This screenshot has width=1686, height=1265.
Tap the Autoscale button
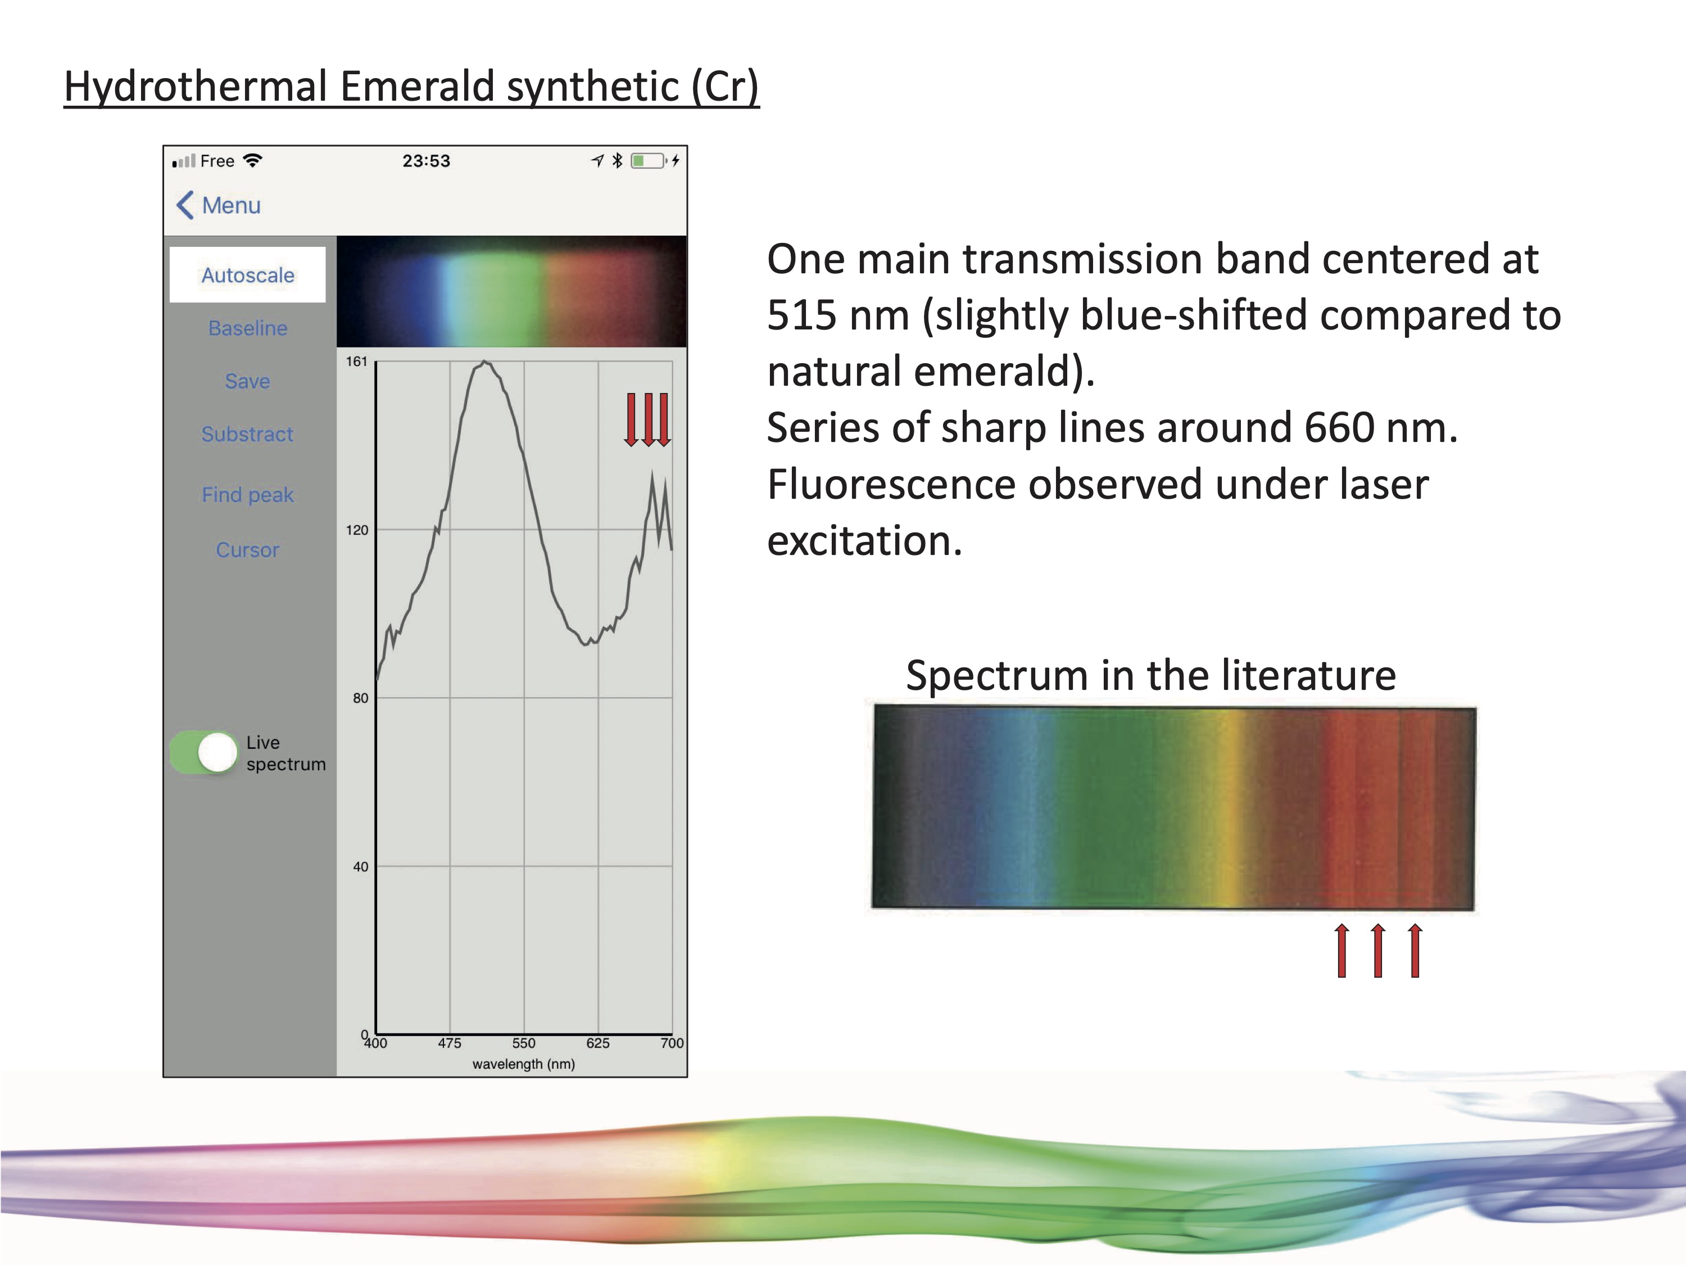point(248,274)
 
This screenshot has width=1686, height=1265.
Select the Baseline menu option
point(248,328)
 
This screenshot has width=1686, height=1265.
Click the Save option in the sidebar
point(248,381)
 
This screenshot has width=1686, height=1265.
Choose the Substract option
point(248,434)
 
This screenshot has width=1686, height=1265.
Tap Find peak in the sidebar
point(248,495)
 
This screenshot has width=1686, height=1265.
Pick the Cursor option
point(248,550)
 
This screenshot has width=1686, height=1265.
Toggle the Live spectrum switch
point(204,753)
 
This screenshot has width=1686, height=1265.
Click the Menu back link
point(220,205)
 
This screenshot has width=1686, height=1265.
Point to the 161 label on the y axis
point(357,362)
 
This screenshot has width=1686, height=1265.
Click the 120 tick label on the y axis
point(357,530)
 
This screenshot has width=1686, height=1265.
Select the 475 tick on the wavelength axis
point(450,1043)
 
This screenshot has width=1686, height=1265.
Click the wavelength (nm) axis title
point(524,1064)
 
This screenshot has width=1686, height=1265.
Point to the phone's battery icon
point(648,161)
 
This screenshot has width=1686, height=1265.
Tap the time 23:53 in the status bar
point(426,161)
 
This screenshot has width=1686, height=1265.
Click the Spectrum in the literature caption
point(1151,676)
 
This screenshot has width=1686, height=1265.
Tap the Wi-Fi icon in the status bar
point(252,160)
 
